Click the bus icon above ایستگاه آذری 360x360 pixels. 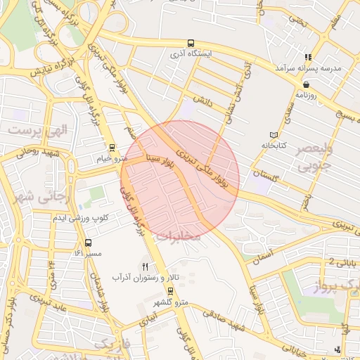click(x=192, y=43)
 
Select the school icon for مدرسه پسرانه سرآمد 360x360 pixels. click(x=307, y=57)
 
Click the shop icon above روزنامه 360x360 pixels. click(x=307, y=84)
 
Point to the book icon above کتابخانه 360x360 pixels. click(x=274, y=135)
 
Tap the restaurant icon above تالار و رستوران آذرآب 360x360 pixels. click(x=146, y=266)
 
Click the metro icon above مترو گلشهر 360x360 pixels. click(x=170, y=291)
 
